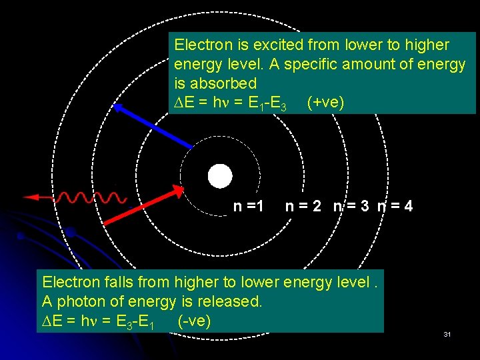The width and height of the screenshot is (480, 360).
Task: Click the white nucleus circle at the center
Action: coord(219,176)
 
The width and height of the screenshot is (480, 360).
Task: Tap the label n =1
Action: coord(249,207)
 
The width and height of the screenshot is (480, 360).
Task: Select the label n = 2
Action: coord(303,207)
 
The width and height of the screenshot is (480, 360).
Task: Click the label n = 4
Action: coord(395,207)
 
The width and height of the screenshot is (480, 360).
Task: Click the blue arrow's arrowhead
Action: coord(118,108)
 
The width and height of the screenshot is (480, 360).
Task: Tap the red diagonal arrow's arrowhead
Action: coord(177,191)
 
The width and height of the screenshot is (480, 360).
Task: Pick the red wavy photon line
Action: coord(91,197)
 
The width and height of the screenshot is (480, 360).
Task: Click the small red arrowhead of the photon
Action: coord(29,197)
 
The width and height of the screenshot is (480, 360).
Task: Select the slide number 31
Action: coord(447,333)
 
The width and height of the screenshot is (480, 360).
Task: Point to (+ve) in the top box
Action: coord(325,103)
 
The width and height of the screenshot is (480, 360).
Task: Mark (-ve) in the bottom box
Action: coord(194,321)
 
